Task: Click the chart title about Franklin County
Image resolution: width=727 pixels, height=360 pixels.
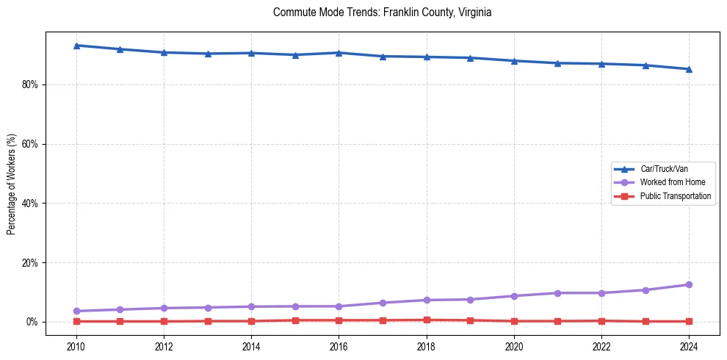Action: click(x=381, y=12)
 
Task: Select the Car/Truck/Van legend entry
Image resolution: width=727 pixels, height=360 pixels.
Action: click(x=664, y=169)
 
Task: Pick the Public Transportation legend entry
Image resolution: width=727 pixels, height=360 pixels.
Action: click(x=675, y=196)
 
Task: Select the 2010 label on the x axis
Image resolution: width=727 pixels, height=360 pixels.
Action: click(x=76, y=346)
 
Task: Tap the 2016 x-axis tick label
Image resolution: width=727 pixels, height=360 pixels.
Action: click(x=339, y=346)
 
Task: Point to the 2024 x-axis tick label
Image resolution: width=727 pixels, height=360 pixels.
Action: click(x=689, y=346)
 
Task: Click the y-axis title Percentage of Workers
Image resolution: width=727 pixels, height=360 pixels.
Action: click(x=12, y=184)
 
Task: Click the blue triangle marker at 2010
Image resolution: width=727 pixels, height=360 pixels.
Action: click(x=76, y=46)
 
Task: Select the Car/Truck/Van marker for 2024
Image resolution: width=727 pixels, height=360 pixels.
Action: click(x=689, y=69)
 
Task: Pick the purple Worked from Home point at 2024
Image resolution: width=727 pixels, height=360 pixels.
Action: click(x=689, y=284)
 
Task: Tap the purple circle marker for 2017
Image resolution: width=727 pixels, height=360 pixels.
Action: click(x=383, y=303)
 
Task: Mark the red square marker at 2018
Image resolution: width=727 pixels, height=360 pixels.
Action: click(x=427, y=320)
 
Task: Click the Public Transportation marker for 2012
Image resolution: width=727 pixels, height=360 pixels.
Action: click(x=164, y=321)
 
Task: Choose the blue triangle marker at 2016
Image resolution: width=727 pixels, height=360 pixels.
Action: click(x=339, y=53)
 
